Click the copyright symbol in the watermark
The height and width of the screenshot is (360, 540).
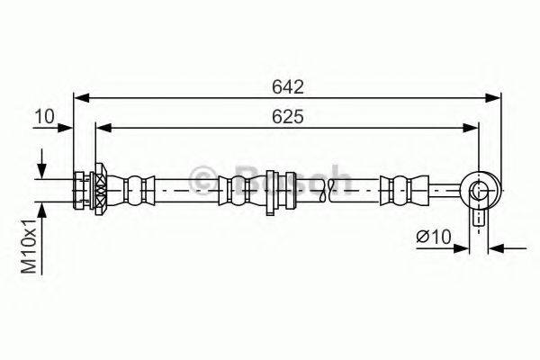(202, 177)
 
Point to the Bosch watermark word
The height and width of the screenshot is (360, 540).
(288, 177)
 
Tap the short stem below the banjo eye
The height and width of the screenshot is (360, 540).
(478, 217)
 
